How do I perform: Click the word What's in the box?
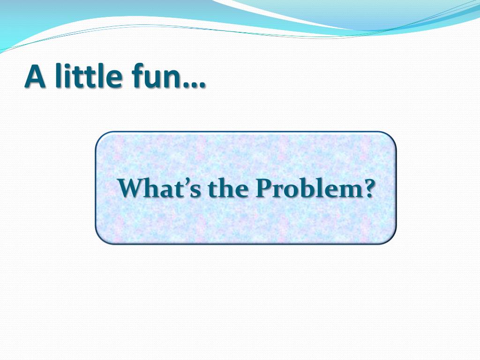[159, 187]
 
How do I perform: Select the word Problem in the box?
[308, 187]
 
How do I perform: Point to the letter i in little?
[68, 76]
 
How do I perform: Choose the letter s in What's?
[196, 191]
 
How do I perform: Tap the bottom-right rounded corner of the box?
[391, 240]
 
